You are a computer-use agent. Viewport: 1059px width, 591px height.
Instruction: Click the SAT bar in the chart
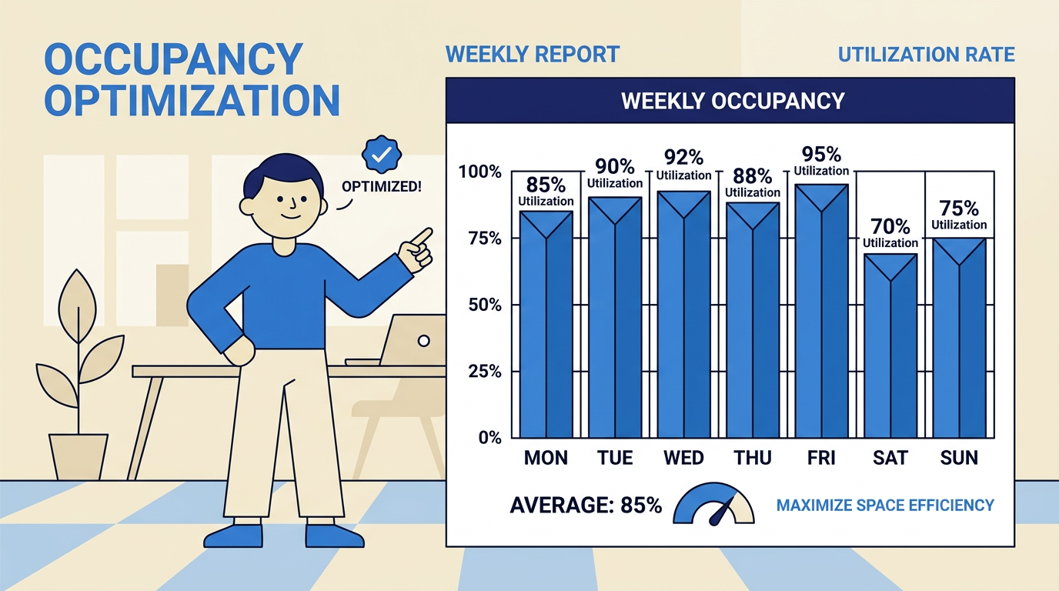click(890, 346)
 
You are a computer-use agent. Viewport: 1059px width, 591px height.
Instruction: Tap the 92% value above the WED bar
click(683, 158)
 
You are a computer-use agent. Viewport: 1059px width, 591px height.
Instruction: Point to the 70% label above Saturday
click(890, 226)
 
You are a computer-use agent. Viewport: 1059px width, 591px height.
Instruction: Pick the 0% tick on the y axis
click(489, 437)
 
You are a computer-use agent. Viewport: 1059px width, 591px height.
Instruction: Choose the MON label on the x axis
click(546, 458)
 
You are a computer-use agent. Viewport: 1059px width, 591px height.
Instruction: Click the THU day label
click(752, 458)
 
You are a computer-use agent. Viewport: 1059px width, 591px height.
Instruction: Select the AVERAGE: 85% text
click(585, 506)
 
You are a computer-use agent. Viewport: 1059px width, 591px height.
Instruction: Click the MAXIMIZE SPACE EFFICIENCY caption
click(885, 506)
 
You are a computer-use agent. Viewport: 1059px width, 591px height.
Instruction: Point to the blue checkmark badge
click(381, 155)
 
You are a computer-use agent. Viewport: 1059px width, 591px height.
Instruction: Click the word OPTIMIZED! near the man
click(383, 186)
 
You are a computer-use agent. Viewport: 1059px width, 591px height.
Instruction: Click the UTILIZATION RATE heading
click(926, 55)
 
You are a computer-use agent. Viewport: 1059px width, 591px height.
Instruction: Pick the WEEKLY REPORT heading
click(532, 55)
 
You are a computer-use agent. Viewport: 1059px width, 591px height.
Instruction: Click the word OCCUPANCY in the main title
click(173, 59)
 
